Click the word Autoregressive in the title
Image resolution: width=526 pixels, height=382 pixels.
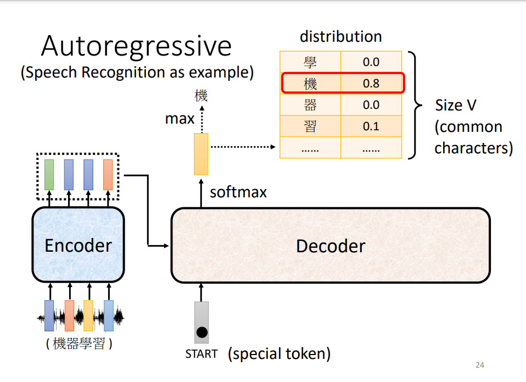pyautogui.click(x=136, y=46)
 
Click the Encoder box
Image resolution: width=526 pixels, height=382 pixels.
pyautogui.click(x=78, y=245)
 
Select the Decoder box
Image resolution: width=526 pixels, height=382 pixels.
pyautogui.click(x=331, y=245)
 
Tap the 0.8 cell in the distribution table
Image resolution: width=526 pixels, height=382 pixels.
pyautogui.click(x=371, y=84)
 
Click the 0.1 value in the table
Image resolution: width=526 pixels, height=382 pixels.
pyautogui.click(x=371, y=126)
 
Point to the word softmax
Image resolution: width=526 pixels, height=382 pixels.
pyautogui.click(x=238, y=192)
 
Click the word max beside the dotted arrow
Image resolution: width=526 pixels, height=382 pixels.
pyautogui.click(x=180, y=119)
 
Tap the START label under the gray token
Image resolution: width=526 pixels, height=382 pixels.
pyautogui.click(x=202, y=354)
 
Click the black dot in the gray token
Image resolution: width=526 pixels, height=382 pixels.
pyautogui.click(x=202, y=332)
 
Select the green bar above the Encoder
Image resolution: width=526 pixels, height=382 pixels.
pyautogui.click(x=49, y=175)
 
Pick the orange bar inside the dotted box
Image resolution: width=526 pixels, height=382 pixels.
pyautogui.click(x=108, y=175)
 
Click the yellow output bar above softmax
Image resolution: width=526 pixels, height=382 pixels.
pyautogui.click(x=201, y=154)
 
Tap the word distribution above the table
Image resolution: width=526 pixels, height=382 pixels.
pyautogui.click(x=340, y=37)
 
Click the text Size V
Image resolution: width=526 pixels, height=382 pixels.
pyautogui.click(x=455, y=106)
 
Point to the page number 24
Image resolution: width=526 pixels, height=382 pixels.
pyautogui.click(x=479, y=365)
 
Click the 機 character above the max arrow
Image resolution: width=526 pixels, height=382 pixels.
pyautogui.click(x=201, y=96)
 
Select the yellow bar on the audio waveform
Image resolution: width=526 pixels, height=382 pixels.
pyautogui.click(x=88, y=315)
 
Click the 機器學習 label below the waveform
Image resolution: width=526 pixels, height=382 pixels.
pyautogui.click(x=79, y=345)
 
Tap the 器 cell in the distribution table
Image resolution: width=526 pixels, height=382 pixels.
pyautogui.click(x=310, y=105)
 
